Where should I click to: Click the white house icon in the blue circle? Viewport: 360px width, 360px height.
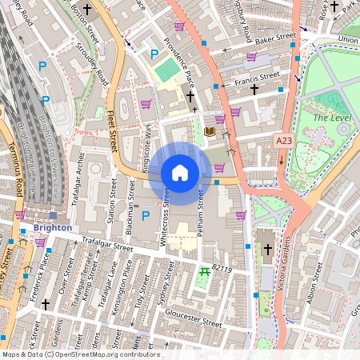point(180,173)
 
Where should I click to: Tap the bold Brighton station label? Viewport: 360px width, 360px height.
point(53,227)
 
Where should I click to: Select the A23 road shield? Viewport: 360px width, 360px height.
point(283,140)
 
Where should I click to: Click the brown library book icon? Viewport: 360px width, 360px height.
point(210,131)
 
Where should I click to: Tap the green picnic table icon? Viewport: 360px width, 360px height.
point(205,273)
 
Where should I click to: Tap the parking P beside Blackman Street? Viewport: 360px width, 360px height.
point(145,216)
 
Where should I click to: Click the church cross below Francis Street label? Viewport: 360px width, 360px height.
point(254,90)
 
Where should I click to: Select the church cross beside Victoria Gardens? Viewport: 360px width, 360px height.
point(267,250)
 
